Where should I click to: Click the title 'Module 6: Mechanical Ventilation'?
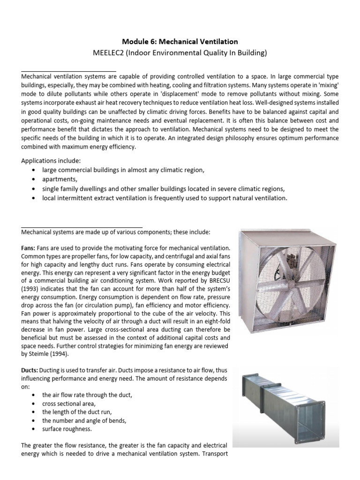click(180, 41)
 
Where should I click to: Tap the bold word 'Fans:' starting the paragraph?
click(30, 247)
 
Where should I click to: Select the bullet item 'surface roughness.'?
click(67, 428)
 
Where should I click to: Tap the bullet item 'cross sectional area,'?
click(68, 403)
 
